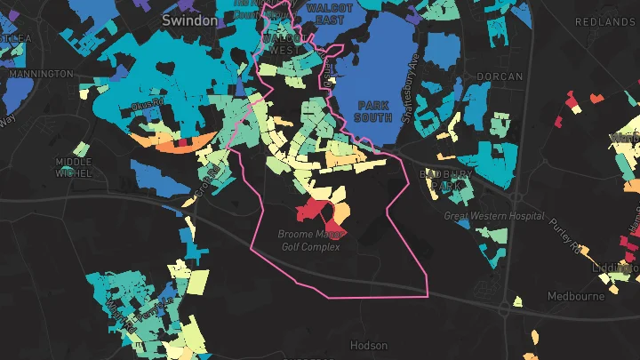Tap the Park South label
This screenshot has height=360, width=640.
point(372,111)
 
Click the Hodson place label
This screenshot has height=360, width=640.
point(369,345)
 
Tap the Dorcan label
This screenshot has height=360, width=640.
point(500,77)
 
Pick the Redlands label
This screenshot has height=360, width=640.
point(604,21)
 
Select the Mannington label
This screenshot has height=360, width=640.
point(40,74)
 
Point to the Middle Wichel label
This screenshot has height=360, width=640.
point(74,168)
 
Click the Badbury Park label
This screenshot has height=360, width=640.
point(452,180)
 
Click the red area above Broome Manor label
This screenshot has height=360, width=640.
point(312,210)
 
